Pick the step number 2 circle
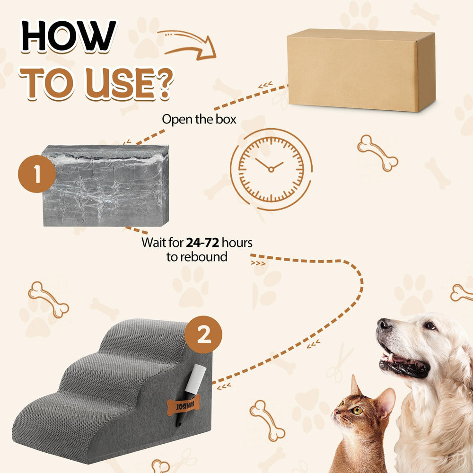click(x=203, y=335)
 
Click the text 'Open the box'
click(x=199, y=119)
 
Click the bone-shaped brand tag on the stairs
click(x=184, y=405)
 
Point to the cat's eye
click(x=357, y=410)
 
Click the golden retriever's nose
click(x=385, y=325)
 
